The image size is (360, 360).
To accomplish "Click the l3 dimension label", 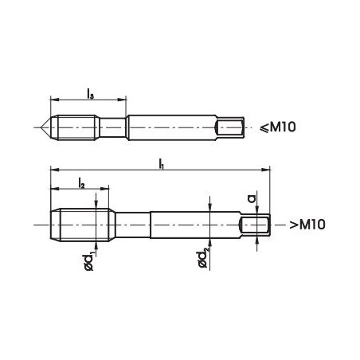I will (88, 92).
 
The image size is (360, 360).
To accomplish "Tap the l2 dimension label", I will (81, 184).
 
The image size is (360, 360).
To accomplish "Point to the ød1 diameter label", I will (88, 260).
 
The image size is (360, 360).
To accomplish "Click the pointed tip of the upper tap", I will (38, 127).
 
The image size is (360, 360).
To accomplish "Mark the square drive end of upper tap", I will (231, 127).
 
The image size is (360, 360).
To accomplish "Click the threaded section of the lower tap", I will (80, 224).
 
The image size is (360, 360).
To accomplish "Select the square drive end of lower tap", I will (257, 225).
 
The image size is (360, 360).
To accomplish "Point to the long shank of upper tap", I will (171, 127).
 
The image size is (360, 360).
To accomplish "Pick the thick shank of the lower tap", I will (195, 225).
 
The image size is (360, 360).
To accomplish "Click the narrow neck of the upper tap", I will (112, 127).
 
